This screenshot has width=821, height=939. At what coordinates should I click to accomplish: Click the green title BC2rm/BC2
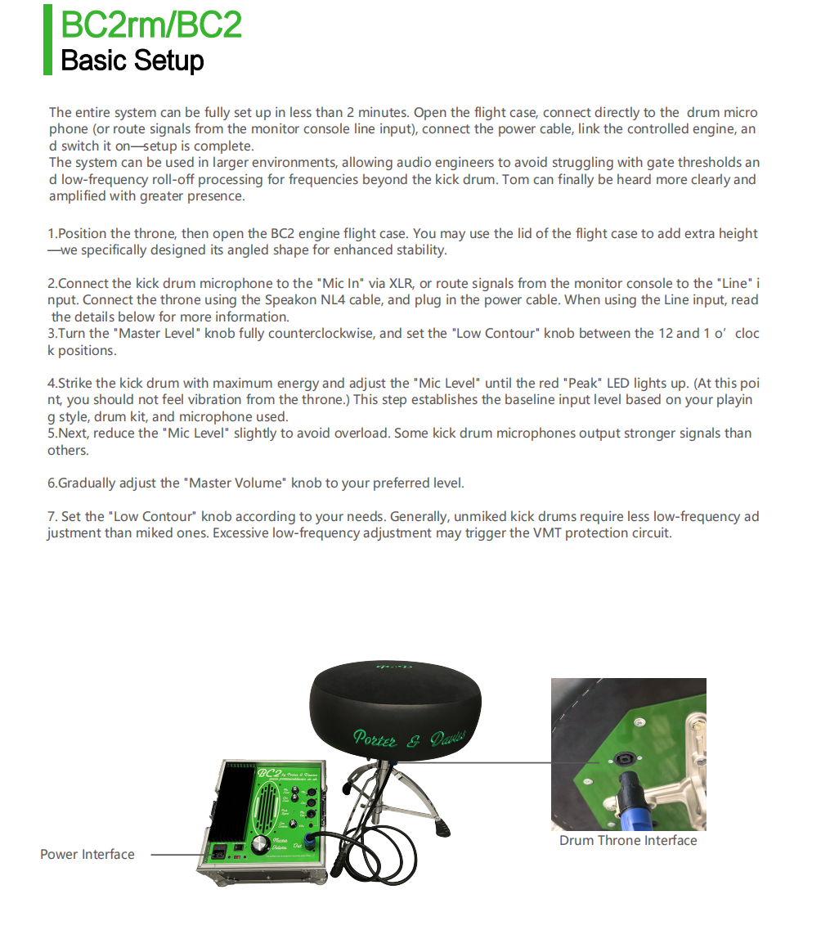[151, 25]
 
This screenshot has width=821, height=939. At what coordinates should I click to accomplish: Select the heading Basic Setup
[132, 61]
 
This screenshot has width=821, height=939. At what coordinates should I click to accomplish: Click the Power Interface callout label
[87, 855]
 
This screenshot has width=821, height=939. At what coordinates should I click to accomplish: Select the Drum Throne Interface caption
[628, 841]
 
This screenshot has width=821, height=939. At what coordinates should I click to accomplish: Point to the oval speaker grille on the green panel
[267, 809]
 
